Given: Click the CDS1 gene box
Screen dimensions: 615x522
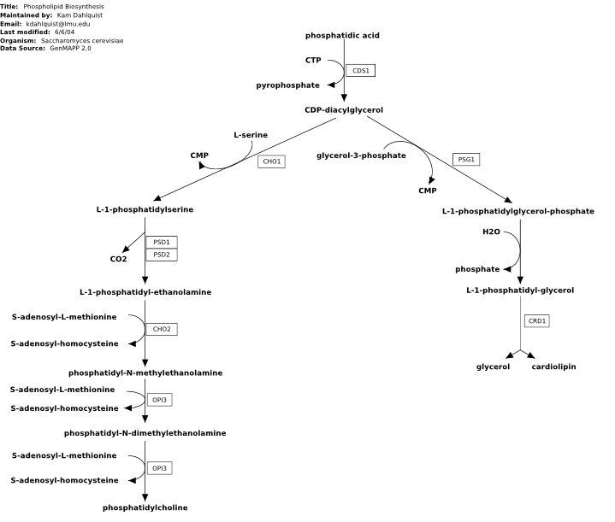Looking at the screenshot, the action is coord(360,71).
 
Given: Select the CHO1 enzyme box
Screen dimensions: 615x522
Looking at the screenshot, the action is coord(271,161).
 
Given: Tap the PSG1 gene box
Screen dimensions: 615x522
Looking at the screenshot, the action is coord(466,160).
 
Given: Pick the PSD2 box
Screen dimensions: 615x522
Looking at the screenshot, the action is coord(162,255).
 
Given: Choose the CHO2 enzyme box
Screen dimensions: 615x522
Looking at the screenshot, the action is coord(162,329).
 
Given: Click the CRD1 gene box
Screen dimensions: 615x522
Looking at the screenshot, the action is coord(537,321).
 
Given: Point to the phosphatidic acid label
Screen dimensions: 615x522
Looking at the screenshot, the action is coord(342,35).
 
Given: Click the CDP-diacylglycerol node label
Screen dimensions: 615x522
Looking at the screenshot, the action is coord(344,110).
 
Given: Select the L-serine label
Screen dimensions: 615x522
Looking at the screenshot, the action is coord(251,135).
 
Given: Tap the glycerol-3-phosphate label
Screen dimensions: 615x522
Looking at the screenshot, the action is coord(361,155).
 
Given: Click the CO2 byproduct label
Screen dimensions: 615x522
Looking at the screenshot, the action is coord(118,259).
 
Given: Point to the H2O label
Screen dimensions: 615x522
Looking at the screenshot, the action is coord(492,232).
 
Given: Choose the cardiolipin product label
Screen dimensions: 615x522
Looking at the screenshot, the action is coord(553,367).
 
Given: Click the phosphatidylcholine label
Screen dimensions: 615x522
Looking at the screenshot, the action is coord(145,507).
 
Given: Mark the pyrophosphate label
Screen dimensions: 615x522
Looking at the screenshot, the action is coord(288,85).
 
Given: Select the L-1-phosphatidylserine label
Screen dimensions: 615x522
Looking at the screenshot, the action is coord(145,209).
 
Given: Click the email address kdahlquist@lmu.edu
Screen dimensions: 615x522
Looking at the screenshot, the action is coord(58,24).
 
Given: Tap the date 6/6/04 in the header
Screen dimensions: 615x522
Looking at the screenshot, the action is coord(65,32).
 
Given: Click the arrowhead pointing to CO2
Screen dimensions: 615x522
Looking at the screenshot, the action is coord(126,249).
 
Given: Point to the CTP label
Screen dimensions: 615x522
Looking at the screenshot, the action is coord(313,60).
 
